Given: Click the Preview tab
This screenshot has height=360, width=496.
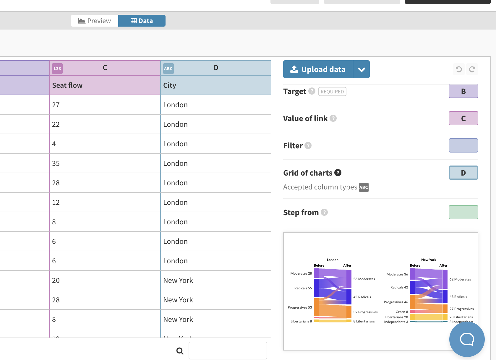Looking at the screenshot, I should (x=95, y=21).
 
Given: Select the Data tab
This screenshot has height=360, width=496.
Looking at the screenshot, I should (x=142, y=21).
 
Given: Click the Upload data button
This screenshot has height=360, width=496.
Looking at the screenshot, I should (x=318, y=69).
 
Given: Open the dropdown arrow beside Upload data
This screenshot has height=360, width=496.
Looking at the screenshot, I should (x=361, y=69).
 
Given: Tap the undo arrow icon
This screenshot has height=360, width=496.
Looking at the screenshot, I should (x=459, y=69).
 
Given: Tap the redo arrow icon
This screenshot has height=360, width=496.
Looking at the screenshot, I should (x=472, y=69).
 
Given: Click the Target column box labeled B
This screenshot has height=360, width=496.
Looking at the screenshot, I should (x=463, y=91).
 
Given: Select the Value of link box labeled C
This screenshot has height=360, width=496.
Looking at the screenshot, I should (x=463, y=118).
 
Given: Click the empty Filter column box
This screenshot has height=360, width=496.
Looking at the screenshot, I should (x=463, y=145).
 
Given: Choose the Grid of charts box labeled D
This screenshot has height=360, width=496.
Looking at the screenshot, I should (x=463, y=173).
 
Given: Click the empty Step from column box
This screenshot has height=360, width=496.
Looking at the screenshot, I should (x=463, y=212).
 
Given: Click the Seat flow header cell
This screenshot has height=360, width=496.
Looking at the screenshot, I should (x=105, y=85).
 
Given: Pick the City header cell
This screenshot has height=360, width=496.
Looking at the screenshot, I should (x=216, y=85).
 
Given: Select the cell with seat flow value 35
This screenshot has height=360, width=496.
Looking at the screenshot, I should (x=105, y=163).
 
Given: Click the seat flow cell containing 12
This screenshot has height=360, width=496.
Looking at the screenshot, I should (x=105, y=202).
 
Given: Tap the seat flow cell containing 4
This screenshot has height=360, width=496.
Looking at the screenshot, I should (x=105, y=144).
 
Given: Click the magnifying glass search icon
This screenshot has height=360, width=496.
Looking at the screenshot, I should (x=180, y=351).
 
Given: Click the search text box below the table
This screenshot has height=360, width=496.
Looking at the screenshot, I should (x=228, y=351).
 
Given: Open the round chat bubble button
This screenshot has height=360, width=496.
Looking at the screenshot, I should (x=467, y=339).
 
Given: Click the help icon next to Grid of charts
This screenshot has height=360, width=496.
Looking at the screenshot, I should (x=338, y=173).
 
